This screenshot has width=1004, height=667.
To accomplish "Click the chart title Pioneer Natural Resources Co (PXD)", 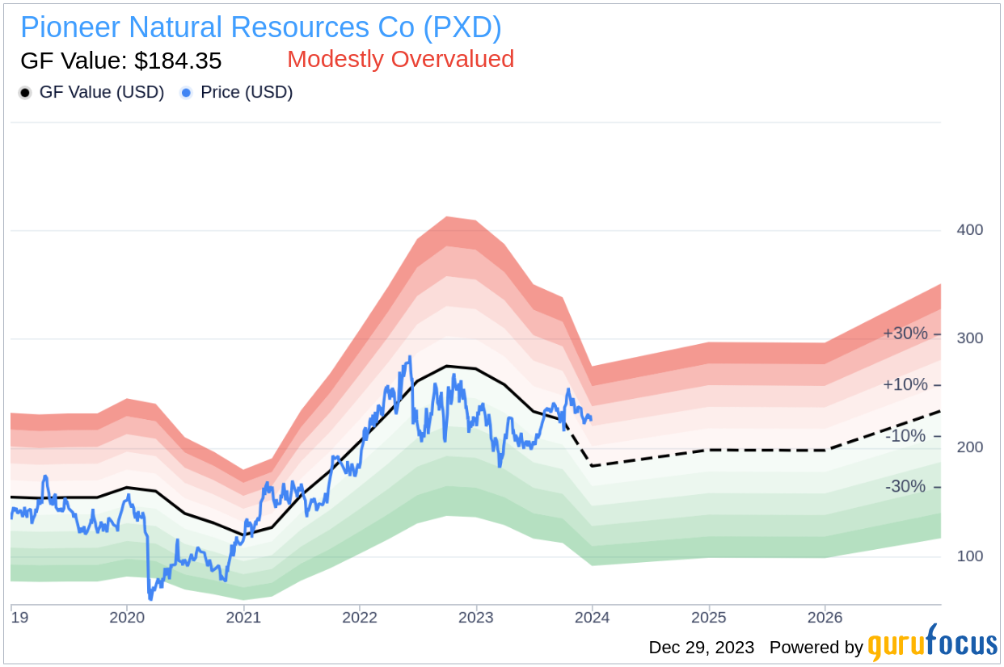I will pos(260,27).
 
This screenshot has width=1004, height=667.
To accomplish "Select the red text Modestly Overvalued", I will pos(400,59).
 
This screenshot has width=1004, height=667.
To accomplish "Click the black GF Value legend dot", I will pos(25,93).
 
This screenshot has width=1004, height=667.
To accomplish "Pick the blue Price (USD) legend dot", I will pos(186,93).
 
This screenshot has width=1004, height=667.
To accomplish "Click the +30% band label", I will pos(905,333).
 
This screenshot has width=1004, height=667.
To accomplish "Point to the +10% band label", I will pos(905,384).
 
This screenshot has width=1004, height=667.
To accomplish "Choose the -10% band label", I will pos(905,436).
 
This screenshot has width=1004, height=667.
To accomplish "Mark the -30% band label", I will pos(905,487).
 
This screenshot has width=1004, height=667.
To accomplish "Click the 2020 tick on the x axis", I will pos(126,619).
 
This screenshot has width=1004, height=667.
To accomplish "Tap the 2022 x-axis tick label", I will pos(360,619).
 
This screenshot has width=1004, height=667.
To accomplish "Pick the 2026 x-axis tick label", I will pos(825,619).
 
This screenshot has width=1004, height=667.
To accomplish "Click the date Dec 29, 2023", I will pos(701,648).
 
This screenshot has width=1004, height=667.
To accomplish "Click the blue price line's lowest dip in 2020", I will pos(150,598).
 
